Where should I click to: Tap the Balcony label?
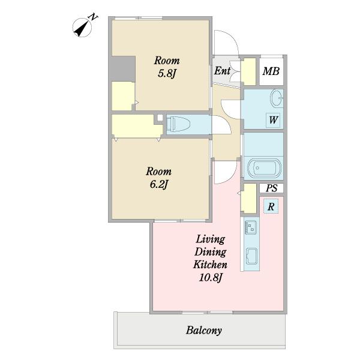click(x=204, y=331)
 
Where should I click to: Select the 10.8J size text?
click(x=211, y=278)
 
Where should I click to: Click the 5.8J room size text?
click(x=167, y=73)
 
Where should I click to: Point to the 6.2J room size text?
click(x=159, y=184)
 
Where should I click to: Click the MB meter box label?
click(x=271, y=71)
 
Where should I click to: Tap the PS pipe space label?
click(x=271, y=188)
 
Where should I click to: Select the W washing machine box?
click(x=273, y=120)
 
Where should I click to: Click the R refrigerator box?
click(x=271, y=206)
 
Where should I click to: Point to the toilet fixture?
click(x=178, y=124)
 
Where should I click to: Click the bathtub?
click(x=263, y=168)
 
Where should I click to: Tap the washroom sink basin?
click(x=277, y=98)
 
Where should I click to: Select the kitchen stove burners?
click(x=251, y=227)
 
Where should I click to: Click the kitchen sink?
click(x=251, y=256)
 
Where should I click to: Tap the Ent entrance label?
click(x=222, y=71)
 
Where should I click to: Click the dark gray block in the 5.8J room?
click(x=124, y=68)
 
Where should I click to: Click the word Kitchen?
click(x=210, y=265)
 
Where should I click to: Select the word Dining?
click(x=211, y=252)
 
